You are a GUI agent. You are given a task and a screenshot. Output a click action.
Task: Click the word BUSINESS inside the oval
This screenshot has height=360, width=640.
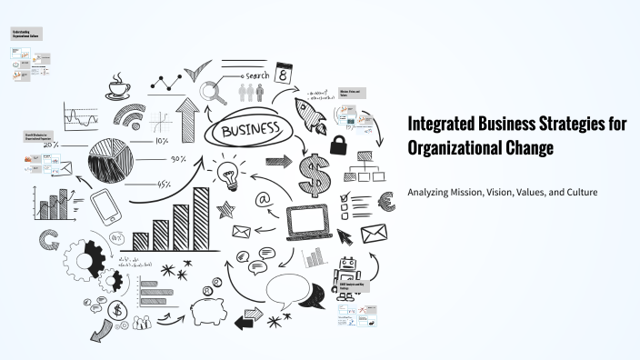pos(250,130)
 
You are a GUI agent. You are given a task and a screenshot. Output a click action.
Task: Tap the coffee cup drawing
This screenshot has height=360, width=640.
pos(118,88)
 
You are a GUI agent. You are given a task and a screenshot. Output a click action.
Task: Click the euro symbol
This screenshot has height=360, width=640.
pos(385,202)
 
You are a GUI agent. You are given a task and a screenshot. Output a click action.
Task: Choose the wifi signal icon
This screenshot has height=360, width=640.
pos(128,115)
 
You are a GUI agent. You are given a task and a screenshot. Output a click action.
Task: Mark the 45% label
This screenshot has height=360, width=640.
pos(165,185)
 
